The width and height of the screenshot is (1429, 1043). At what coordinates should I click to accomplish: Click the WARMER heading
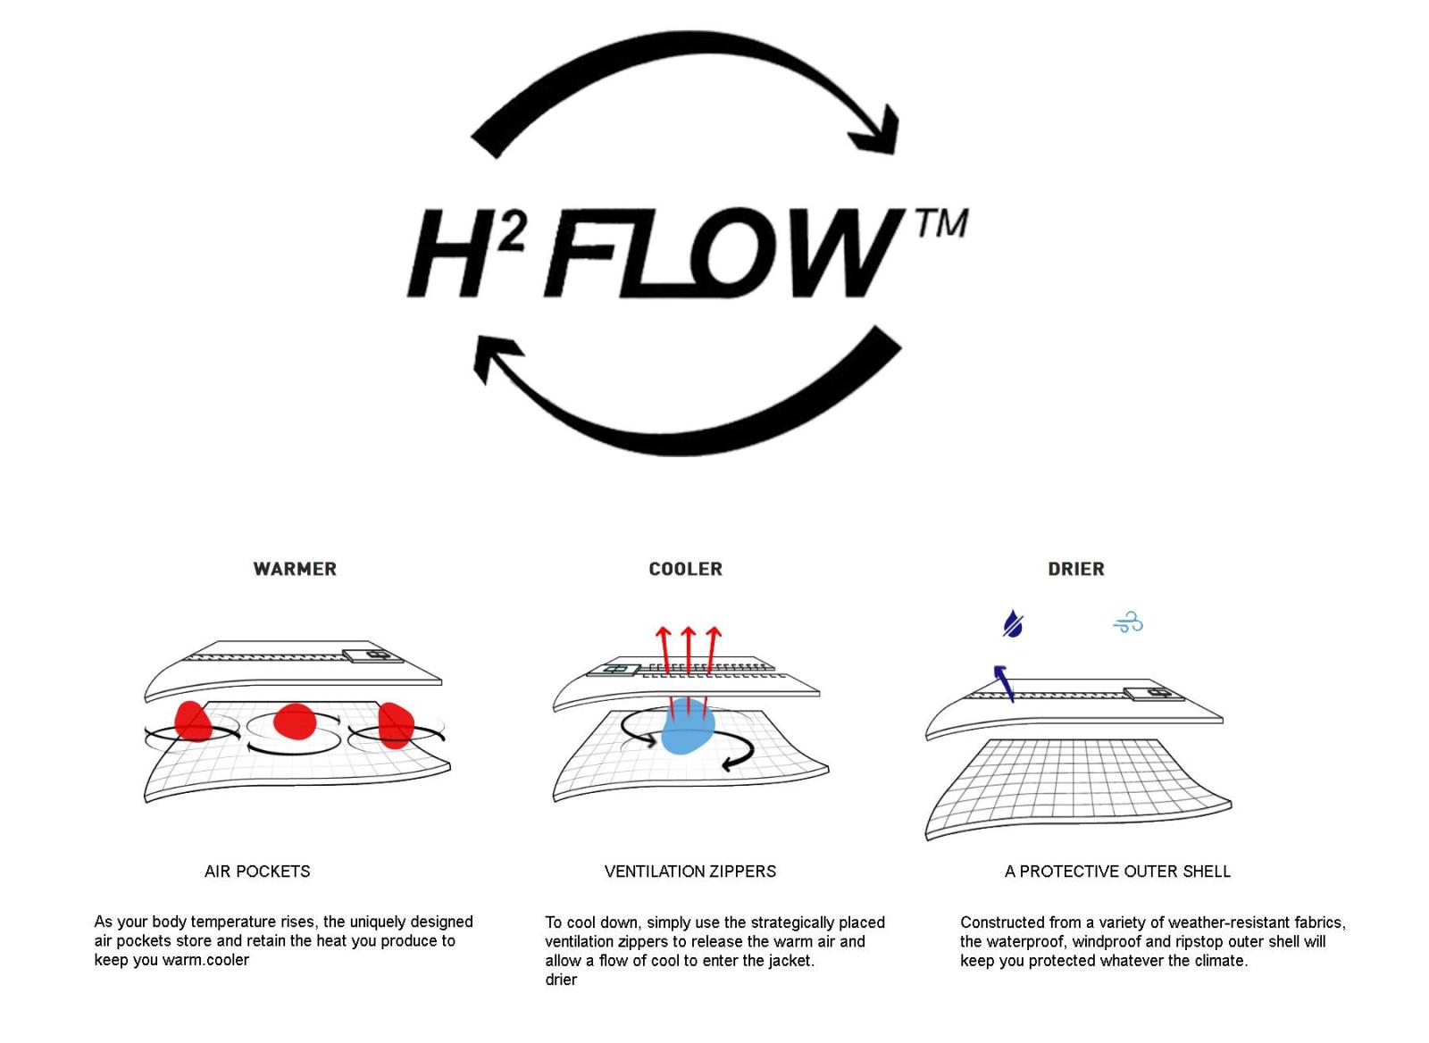(x=295, y=569)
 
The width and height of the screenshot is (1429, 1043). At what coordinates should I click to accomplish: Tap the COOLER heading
(x=685, y=569)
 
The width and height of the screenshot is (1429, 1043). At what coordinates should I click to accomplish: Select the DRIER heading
(x=1075, y=569)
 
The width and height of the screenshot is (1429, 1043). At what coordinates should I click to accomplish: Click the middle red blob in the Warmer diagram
(x=295, y=722)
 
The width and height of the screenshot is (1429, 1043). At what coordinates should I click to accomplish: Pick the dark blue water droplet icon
(x=1012, y=623)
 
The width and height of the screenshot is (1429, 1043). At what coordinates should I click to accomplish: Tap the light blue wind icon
(x=1128, y=622)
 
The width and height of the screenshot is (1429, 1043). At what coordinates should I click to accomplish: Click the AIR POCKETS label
(x=257, y=871)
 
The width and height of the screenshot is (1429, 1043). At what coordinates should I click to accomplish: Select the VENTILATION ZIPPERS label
(x=689, y=871)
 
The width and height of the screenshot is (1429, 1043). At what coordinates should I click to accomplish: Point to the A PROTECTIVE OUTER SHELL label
(x=1116, y=871)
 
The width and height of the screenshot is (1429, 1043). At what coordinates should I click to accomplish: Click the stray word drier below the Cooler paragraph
(x=561, y=980)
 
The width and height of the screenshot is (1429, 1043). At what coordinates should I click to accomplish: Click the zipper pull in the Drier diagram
(x=1153, y=694)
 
